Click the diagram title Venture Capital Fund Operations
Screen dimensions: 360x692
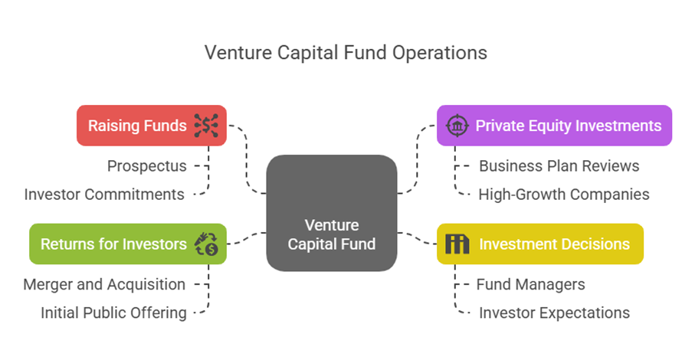tap(346, 52)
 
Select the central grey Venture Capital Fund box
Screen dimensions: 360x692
tap(331, 213)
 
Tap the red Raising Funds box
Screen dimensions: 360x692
tap(151, 125)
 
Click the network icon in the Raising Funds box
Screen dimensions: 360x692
tap(206, 125)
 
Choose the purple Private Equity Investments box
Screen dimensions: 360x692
tap(553, 125)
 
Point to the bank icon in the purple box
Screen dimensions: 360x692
tap(458, 125)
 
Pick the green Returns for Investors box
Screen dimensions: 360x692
tap(127, 244)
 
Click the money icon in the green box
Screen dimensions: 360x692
tap(206, 244)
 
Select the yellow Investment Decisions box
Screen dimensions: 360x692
tap(539, 244)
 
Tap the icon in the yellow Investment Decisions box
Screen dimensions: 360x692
tap(458, 244)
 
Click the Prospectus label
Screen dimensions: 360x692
tap(146, 165)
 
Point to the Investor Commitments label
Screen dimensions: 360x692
tap(104, 195)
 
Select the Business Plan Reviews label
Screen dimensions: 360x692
tap(559, 165)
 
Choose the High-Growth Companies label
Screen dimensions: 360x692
tap(563, 195)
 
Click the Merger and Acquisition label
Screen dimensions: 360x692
tap(104, 284)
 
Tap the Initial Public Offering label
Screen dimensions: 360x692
tap(113, 313)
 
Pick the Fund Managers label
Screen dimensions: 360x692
tap(530, 284)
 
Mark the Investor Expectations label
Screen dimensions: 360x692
tap(554, 313)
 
